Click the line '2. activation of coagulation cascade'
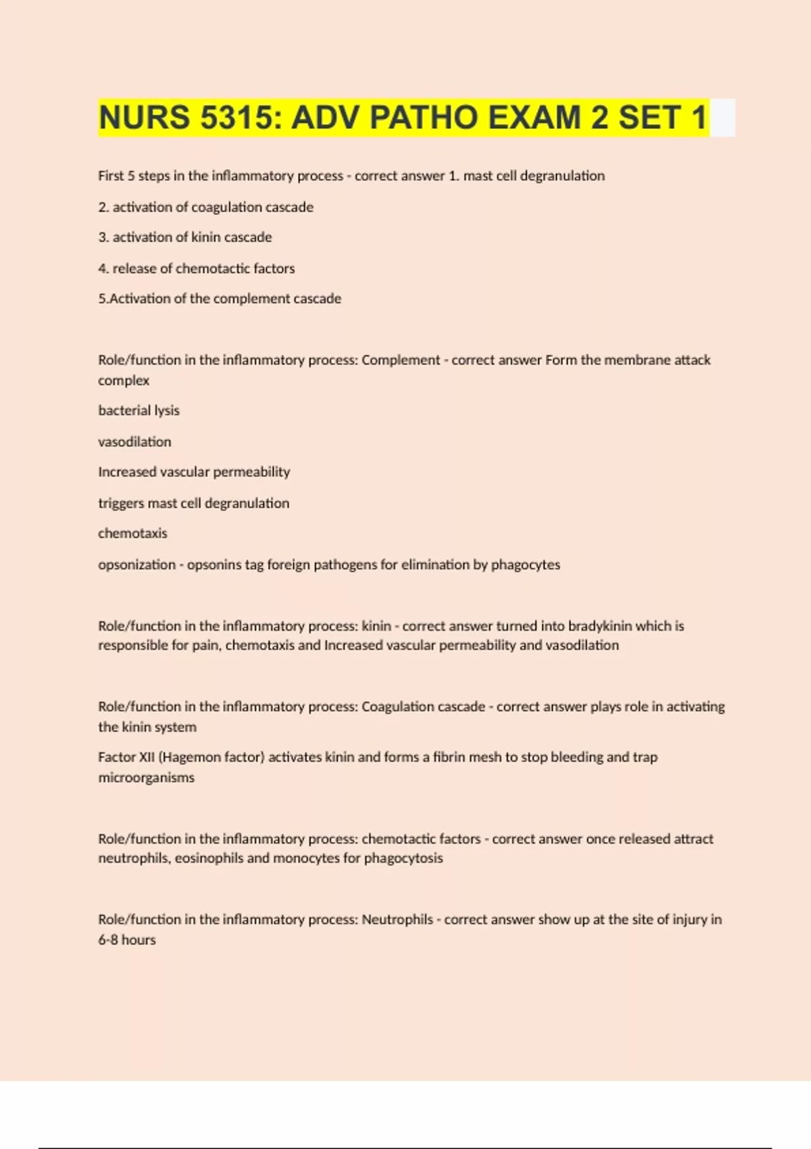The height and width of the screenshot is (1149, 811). click(x=205, y=207)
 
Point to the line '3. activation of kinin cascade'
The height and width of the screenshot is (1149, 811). click(x=185, y=237)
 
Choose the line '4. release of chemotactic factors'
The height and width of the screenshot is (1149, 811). click(x=196, y=268)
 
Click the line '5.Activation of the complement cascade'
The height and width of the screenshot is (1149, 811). click(x=220, y=299)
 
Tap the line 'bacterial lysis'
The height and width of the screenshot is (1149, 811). click(x=139, y=410)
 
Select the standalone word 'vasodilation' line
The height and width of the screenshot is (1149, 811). click(x=134, y=441)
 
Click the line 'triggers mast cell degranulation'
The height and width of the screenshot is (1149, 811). click(x=193, y=503)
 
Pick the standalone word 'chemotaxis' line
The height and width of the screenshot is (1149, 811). click(x=132, y=533)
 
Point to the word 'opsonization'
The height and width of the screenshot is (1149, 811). click(x=137, y=564)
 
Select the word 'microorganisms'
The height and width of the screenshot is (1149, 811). click(x=146, y=777)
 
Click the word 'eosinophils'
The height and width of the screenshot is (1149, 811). click(x=209, y=858)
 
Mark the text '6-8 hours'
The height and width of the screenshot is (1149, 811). click(x=127, y=939)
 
